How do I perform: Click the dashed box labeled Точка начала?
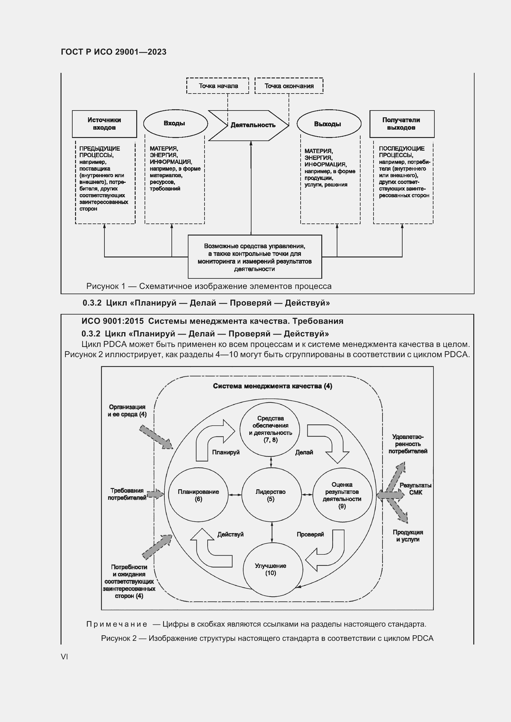tap(217, 86)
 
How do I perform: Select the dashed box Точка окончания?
tap(289, 86)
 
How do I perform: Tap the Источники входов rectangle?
tap(104, 124)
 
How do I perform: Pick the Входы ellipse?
tap(175, 123)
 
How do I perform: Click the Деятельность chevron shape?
tap(249, 125)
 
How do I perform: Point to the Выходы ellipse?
tap(329, 124)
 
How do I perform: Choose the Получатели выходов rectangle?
tap(402, 124)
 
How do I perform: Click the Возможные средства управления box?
tap(255, 257)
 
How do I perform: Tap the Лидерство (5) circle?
tap(271, 495)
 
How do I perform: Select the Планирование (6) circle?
tap(198, 495)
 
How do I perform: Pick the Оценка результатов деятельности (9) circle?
tap(342, 495)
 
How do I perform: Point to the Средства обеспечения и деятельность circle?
tap(270, 429)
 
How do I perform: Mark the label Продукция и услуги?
tap(408, 536)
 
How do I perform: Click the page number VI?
tap(64, 657)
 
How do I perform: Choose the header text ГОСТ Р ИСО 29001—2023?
tap(114, 52)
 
